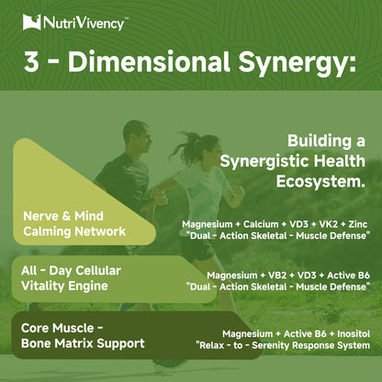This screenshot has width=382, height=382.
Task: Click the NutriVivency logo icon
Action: [x=31, y=22]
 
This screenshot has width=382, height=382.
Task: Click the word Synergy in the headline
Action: [x=297, y=62]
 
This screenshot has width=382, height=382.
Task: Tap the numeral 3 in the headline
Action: [x=31, y=62]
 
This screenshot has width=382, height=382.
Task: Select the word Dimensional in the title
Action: [x=149, y=61]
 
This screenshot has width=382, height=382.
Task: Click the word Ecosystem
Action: [x=320, y=182]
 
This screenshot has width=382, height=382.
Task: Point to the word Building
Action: [x=318, y=141]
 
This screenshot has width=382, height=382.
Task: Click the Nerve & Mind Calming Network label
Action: [x=74, y=224]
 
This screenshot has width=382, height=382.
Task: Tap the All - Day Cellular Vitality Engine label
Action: [x=71, y=278]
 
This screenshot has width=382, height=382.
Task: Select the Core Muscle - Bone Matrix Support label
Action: [x=83, y=336]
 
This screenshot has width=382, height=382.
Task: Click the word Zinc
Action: [x=358, y=224]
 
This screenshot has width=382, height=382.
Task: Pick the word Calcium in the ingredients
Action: [x=261, y=224]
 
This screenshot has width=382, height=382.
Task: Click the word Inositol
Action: [x=354, y=333]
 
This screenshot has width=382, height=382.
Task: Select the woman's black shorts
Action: [x=197, y=248]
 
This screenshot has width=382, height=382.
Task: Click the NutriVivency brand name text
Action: [x=84, y=23]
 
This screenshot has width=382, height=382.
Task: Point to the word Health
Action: [x=340, y=161]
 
